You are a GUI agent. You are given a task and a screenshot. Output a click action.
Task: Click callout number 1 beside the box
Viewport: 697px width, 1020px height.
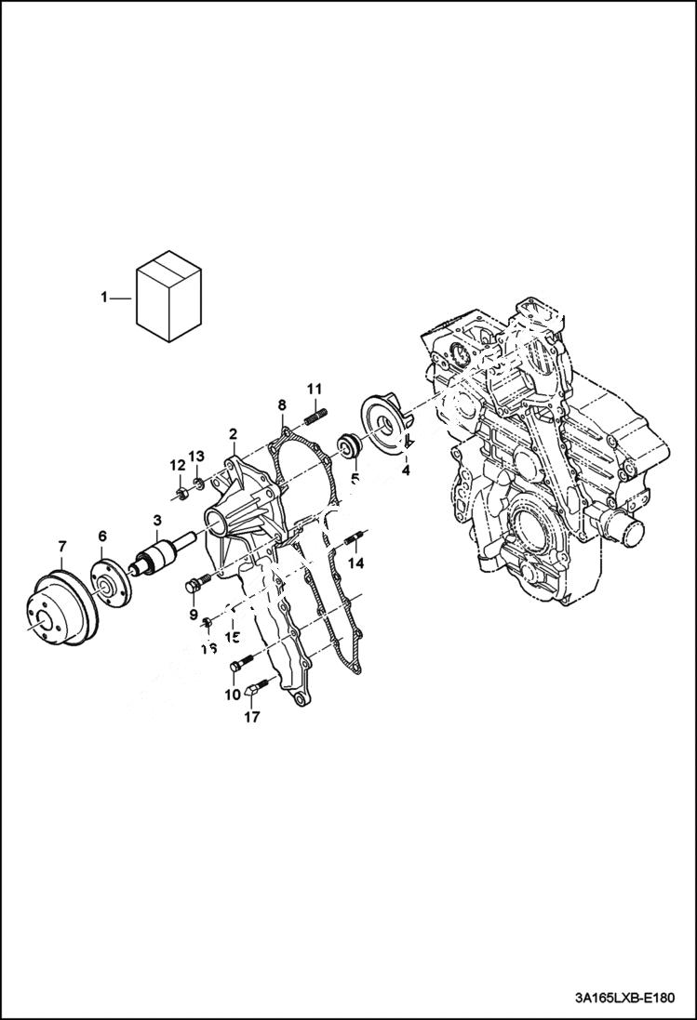tap(104, 298)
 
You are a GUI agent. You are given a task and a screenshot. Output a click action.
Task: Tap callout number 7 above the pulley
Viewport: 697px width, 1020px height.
tap(61, 545)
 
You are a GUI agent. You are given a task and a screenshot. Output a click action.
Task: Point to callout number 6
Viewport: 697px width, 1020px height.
tap(102, 536)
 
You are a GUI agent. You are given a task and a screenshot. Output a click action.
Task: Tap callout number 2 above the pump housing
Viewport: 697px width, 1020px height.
tap(233, 433)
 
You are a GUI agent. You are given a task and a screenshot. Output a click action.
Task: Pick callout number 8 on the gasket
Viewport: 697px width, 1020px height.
tap(281, 404)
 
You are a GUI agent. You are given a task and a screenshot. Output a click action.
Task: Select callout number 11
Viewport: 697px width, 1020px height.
tap(315, 388)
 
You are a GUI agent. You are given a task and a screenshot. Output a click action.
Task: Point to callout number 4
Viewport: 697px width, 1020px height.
tap(406, 470)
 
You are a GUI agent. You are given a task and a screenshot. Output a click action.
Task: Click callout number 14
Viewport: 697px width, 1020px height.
tap(355, 563)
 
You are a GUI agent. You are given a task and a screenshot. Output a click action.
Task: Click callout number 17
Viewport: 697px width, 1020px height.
tap(252, 717)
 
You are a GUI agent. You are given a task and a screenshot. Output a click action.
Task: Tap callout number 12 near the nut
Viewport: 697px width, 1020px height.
tap(177, 464)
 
